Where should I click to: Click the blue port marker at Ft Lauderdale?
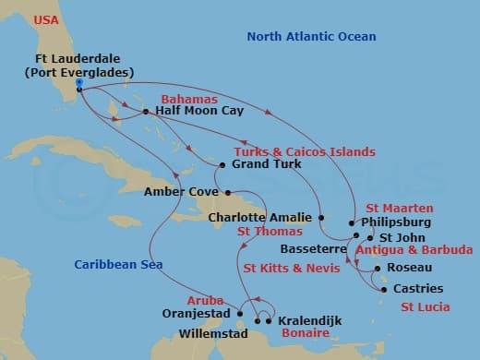pos(80,83)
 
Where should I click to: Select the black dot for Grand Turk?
pos(222,165)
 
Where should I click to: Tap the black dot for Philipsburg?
pos(352,222)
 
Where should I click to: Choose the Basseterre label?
pos(309,249)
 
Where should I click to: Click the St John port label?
pos(390,236)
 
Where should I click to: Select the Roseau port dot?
pos(379,269)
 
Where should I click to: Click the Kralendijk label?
pos(309,320)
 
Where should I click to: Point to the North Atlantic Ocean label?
pos(311,37)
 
